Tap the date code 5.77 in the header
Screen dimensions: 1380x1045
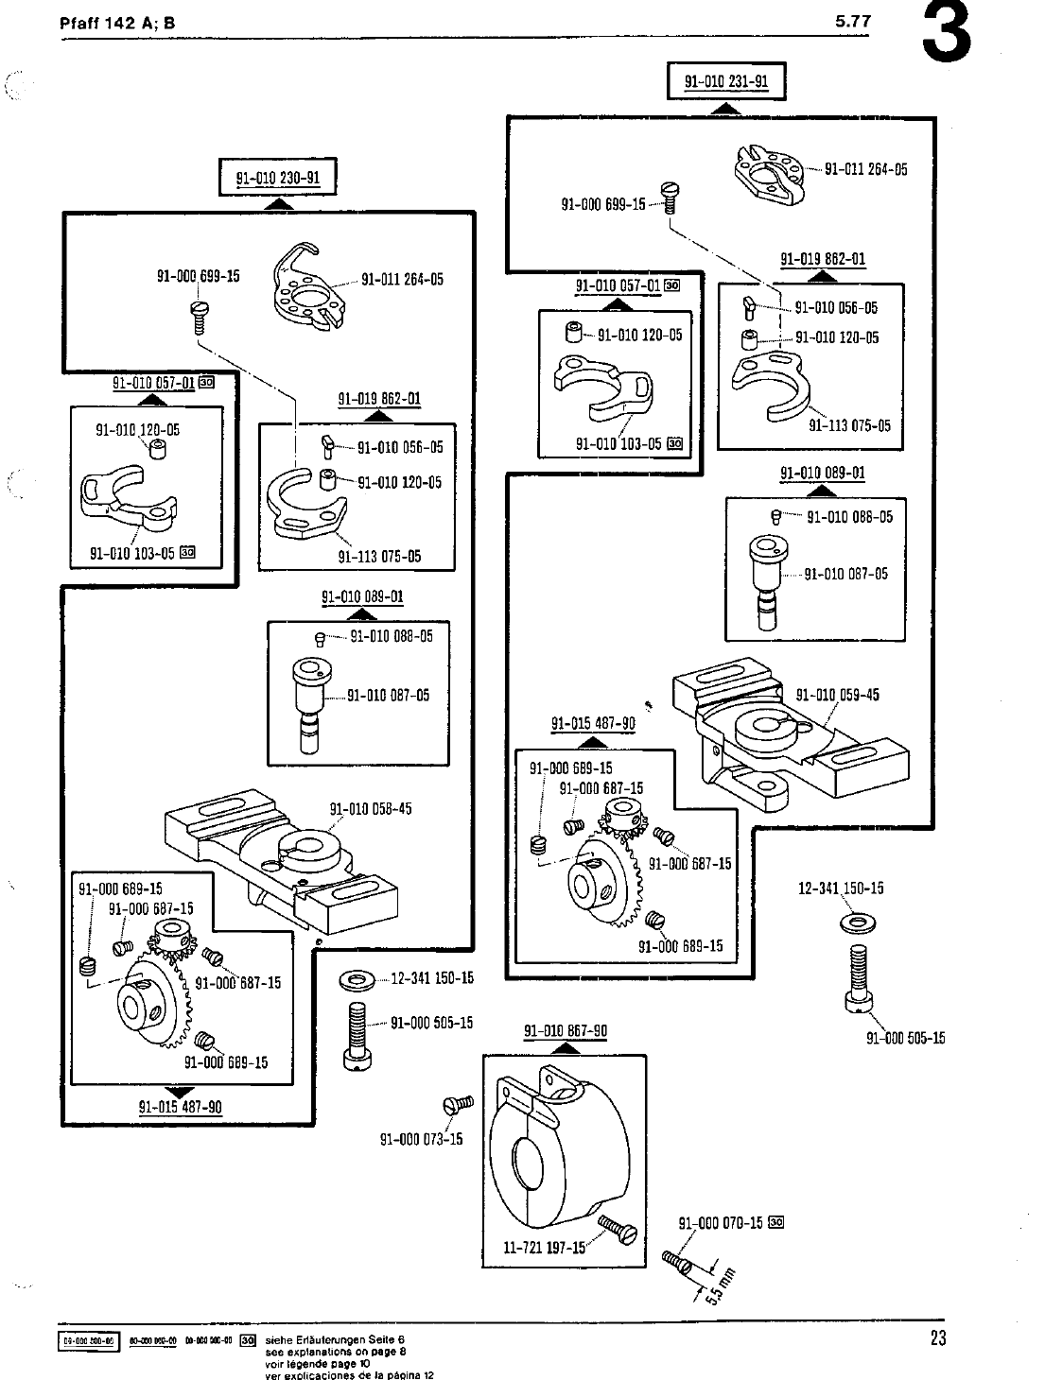pos(853,23)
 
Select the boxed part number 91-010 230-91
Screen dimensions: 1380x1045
pos(278,177)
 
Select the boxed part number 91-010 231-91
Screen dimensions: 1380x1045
pos(726,81)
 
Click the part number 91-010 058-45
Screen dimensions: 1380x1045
pos(371,809)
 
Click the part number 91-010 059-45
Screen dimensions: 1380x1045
pos(838,695)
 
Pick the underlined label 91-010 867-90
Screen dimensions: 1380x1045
pos(566,1030)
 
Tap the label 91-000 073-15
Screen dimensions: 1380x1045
pos(421,1138)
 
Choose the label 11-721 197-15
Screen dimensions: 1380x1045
pos(545,1246)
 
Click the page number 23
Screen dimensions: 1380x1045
pos(936,1337)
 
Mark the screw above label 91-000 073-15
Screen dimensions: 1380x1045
pos(458,1104)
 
